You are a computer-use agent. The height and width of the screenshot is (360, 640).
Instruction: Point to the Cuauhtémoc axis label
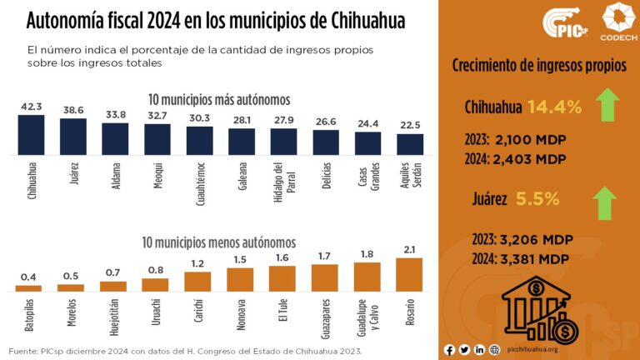click(200, 181)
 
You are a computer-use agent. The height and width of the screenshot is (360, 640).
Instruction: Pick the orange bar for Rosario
click(409, 274)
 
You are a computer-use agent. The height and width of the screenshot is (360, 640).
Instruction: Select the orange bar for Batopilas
click(29, 287)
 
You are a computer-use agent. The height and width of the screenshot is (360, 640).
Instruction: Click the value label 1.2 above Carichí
click(198, 264)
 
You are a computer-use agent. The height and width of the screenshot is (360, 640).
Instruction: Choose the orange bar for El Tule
click(282, 278)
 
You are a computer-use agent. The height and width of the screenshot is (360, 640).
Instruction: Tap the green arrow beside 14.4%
click(608, 107)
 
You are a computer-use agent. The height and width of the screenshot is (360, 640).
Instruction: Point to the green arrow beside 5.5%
click(606, 202)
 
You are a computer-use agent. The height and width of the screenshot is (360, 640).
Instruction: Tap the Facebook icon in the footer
click(450, 350)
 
